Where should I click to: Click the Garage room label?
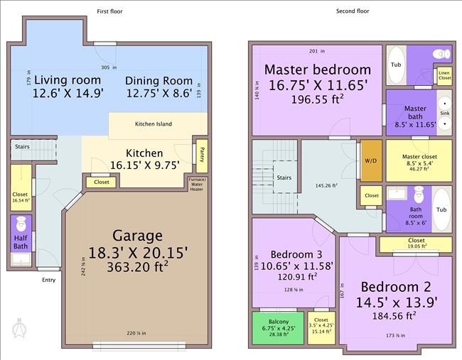point(138,236)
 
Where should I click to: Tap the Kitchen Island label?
point(154,124)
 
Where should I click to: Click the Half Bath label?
point(20,242)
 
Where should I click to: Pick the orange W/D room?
point(371,161)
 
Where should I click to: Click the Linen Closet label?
point(444,74)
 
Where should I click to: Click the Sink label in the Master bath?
point(444,113)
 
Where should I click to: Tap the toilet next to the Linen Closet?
point(442,54)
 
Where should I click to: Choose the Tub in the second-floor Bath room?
point(441,209)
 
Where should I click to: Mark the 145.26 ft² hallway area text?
point(328,186)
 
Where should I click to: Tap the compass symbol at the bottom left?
point(19,327)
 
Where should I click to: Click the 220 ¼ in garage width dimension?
point(137,333)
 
